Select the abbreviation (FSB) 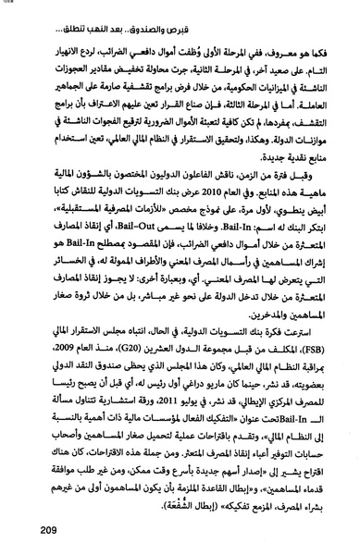coord(310,374)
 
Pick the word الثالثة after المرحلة coord(238,124)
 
